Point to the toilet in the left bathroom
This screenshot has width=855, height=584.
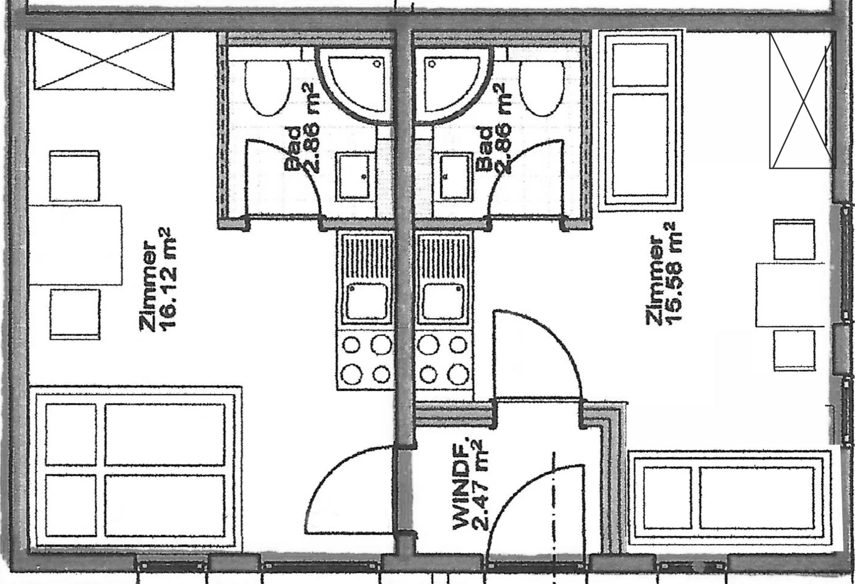(x=267, y=88)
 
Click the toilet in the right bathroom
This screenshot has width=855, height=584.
(x=542, y=88)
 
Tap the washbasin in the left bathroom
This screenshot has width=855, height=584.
(x=354, y=176)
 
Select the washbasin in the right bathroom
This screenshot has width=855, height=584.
(x=456, y=176)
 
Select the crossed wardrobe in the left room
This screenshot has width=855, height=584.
(x=103, y=61)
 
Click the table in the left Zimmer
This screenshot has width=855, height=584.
(x=75, y=245)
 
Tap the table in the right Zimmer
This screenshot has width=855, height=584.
(x=790, y=295)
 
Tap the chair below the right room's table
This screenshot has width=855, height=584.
(x=794, y=350)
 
